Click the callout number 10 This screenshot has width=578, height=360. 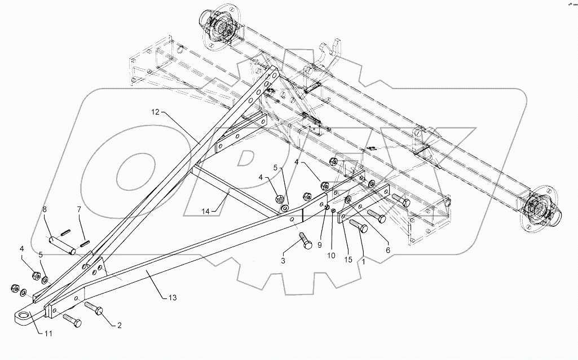click(x=330, y=255)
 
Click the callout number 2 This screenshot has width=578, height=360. click(x=119, y=325)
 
